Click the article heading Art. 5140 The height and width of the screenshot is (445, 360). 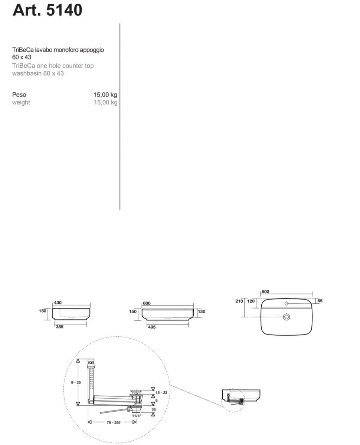(48, 10)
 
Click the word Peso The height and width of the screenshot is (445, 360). (19, 95)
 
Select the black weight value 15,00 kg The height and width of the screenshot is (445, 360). (105, 95)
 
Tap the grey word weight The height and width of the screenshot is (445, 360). (21, 102)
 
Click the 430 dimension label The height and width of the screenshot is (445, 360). (58, 303)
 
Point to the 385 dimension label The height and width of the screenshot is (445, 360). (60, 327)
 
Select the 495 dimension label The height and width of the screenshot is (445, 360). (152, 327)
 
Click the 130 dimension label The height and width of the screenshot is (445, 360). (202, 311)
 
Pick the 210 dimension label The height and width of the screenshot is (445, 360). (239, 301)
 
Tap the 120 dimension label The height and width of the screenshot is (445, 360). (251, 301)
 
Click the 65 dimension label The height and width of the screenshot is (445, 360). (320, 301)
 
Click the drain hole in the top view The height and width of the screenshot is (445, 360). (287, 317)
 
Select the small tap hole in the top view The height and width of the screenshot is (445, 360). (287, 303)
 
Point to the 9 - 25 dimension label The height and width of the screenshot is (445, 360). (76, 383)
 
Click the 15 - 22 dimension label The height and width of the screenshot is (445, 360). (161, 393)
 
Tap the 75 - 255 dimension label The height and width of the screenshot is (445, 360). (114, 422)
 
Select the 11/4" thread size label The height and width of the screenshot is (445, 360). (137, 416)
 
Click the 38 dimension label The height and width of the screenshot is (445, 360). (153, 409)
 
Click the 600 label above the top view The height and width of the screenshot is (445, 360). (265, 291)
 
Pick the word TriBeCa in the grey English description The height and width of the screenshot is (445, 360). (24, 66)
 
